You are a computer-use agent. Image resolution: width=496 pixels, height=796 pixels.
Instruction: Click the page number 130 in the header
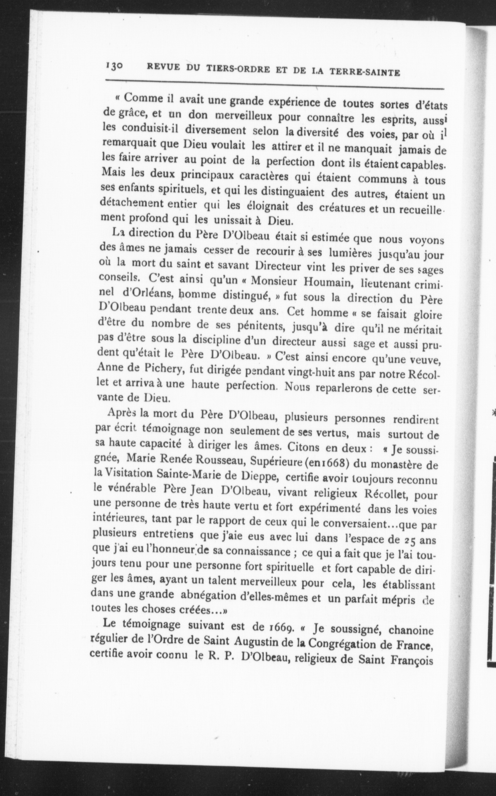pos(114,66)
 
